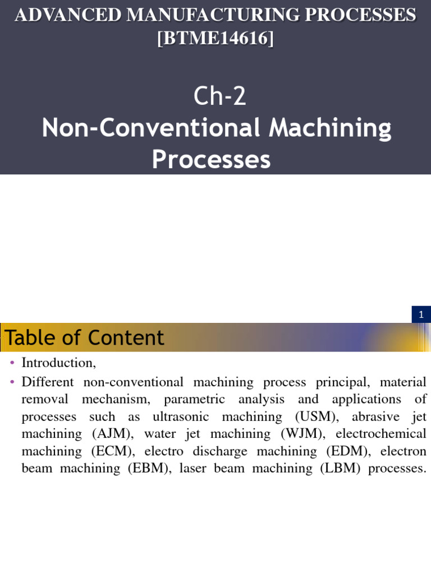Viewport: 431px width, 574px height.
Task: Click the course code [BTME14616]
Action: click(x=215, y=38)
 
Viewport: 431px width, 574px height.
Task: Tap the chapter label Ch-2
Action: click(x=219, y=96)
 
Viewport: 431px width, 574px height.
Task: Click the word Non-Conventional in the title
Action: click(x=151, y=128)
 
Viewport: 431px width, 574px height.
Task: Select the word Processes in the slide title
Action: click(x=211, y=159)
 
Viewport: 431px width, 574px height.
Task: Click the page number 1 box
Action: click(x=421, y=314)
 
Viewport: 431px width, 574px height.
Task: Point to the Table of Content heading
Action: click(x=84, y=337)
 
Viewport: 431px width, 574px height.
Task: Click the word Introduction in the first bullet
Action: click(x=58, y=363)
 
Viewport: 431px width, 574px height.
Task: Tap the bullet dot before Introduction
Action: click(x=12, y=363)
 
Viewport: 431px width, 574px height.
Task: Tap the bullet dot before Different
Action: click(x=12, y=382)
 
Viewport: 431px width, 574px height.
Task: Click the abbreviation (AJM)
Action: click(x=113, y=434)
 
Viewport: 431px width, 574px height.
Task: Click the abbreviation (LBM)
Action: click(x=340, y=469)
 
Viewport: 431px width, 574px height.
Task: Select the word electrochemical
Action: click(x=381, y=434)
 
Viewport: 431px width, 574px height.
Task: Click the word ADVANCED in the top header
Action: click(x=67, y=15)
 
